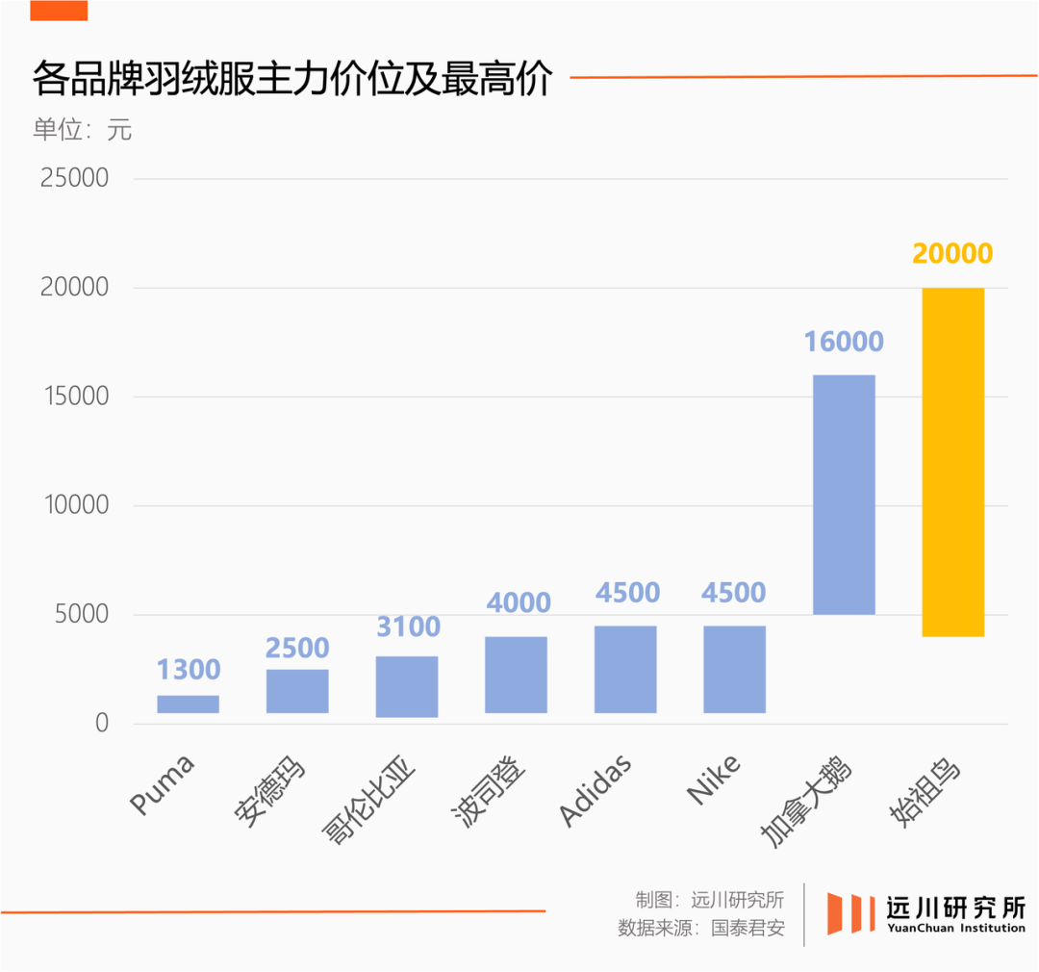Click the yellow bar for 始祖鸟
coord(952,462)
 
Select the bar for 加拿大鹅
coord(844,494)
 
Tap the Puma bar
coord(188,703)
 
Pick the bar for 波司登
coord(516,675)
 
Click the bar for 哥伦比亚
coord(406,686)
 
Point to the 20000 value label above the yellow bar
coord(952,253)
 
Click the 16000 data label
coord(844,341)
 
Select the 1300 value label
coord(189,669)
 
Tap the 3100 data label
coord(407,627)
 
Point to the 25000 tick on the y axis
coord(74,178)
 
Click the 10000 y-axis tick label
coord(74,505)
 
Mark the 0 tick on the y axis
coord(101,724)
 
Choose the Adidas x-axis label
coord(596,791)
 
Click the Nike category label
coord(714,780)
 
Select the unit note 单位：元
coord(82,129)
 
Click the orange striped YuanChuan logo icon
coord(850,913)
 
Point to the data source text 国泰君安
coord(748,929)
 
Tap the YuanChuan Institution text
coord(955,928)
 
